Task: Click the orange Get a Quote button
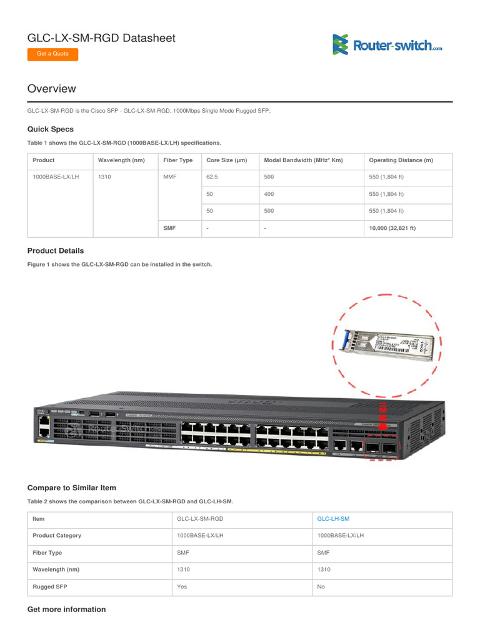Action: coord(52,54)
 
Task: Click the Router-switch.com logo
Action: coord(387,44)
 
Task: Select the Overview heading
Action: coord(51,89)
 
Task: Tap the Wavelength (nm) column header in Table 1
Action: coord(121,160)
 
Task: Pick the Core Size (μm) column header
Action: coord(227,160)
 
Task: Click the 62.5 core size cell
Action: coord(214,177)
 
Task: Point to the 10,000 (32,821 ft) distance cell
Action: coord(392,228)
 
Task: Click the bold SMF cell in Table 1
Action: coord(169,228)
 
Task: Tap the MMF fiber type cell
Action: coord(170,177)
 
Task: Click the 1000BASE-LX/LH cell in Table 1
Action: coord(56,177)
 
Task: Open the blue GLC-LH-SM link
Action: coord(334,519)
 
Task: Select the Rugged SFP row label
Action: coord(50,587)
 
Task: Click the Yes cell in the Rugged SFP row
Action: coord(182,587)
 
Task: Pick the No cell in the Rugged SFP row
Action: coord(321,587)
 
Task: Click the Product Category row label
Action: coord(57,536)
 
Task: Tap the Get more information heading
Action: coord(67,609)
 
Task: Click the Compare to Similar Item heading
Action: coord(72,488)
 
